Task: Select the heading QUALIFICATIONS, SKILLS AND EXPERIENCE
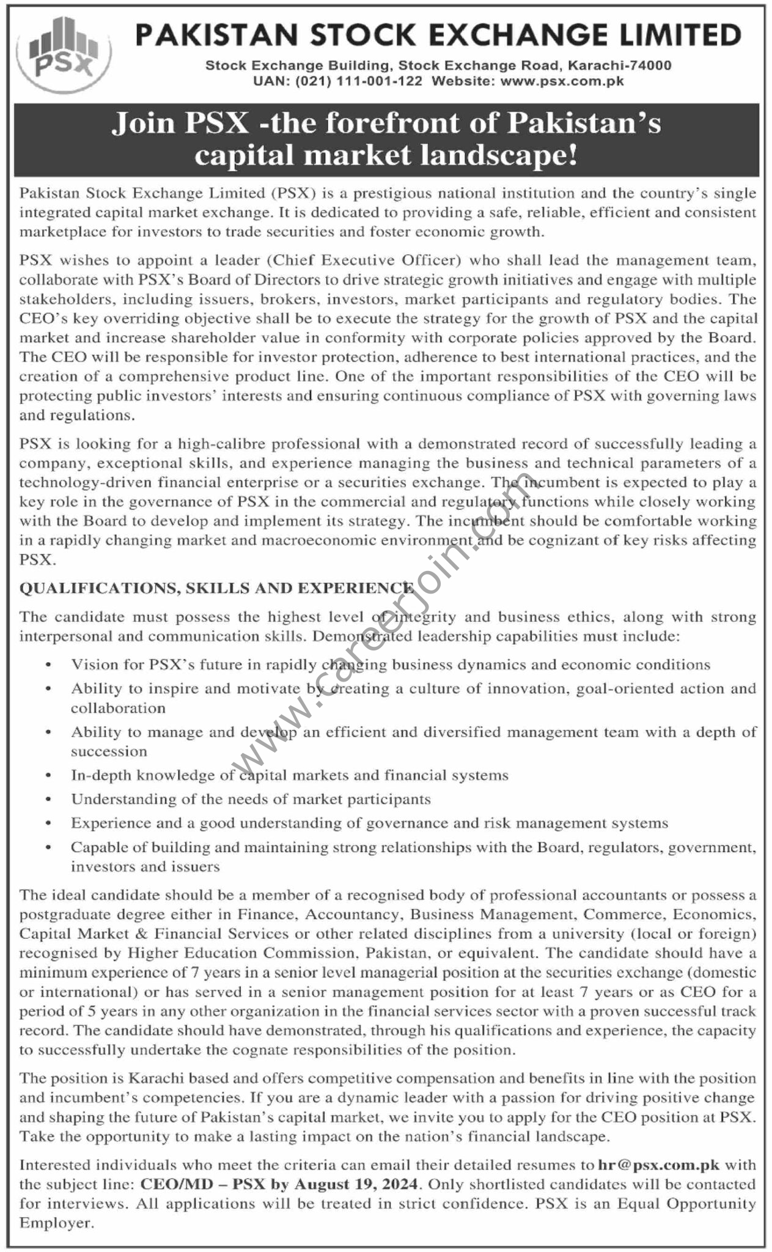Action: pyautogui.click(x=216, y=588)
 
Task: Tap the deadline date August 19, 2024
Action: pyautogui.click(x=355, y=1184)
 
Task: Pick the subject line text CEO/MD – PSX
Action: pyautogui.click(x=202, y=1184)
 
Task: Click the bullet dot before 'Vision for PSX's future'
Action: pyautogui.click(x=48, y=665)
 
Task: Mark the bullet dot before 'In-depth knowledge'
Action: pyautogui.click(x=48, y=776)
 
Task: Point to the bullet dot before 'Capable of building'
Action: pyautogui.click(x=48, y=848)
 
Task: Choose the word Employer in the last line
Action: pyautogui.click(x=57, y=1223)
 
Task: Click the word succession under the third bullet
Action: pyautogui.click(x=109, y=751)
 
